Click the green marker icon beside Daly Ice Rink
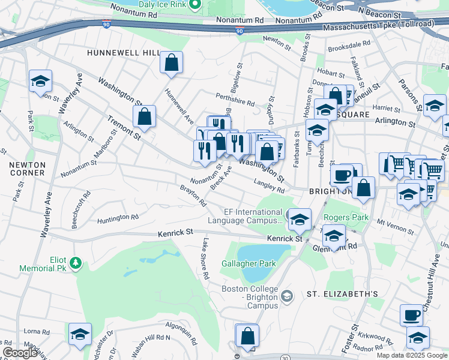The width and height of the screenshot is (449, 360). [x=194, y=5]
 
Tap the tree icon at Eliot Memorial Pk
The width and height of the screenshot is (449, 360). [x=76, y=262]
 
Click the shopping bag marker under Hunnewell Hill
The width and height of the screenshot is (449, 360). [x=172, y=62]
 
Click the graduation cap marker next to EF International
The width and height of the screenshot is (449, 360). [x=300, y=220]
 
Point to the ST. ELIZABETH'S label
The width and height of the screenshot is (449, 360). [x=342, y=294]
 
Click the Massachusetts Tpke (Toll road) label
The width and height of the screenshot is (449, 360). [x=384, y=28]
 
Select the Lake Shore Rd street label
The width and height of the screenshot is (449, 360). [x=205, y=259]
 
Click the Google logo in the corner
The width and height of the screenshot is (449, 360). [x=19, y=353]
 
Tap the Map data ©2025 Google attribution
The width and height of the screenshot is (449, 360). [x=412, y=355]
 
